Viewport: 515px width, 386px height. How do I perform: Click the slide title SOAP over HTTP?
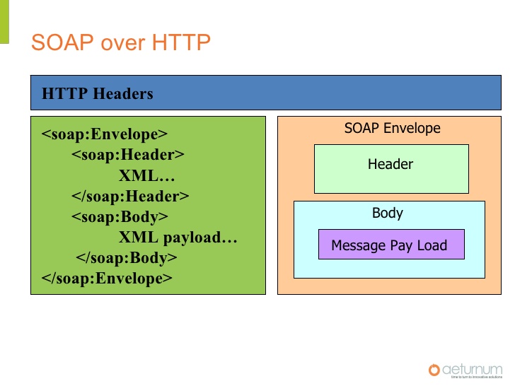click(121, 42)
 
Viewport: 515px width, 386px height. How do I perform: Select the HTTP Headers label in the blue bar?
click(98, 93)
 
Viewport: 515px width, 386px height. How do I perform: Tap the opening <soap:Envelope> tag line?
click(105, 134)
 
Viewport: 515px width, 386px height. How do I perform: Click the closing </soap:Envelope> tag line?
click(107, 278)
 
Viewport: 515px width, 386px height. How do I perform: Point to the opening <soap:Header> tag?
click(127, 155)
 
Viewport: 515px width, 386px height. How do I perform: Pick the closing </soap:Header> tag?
click(130, 196)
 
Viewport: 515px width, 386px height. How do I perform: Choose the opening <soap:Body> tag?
click(120, 216)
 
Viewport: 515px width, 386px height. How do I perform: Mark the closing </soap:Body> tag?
click(126, 257)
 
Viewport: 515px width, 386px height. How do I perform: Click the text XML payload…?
click(178, 237)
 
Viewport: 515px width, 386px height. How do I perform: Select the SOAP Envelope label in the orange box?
click(392, 128)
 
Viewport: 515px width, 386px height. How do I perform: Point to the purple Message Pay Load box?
click(390, 245)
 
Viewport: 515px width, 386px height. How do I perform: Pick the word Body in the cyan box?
click(388, 213)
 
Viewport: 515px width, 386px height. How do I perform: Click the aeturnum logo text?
click(473, 368)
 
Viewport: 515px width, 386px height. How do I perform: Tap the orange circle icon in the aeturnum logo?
click(434, 369)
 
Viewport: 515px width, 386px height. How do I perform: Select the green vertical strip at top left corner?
click(4, 21)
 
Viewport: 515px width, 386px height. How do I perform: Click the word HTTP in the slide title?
click(181, 42)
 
